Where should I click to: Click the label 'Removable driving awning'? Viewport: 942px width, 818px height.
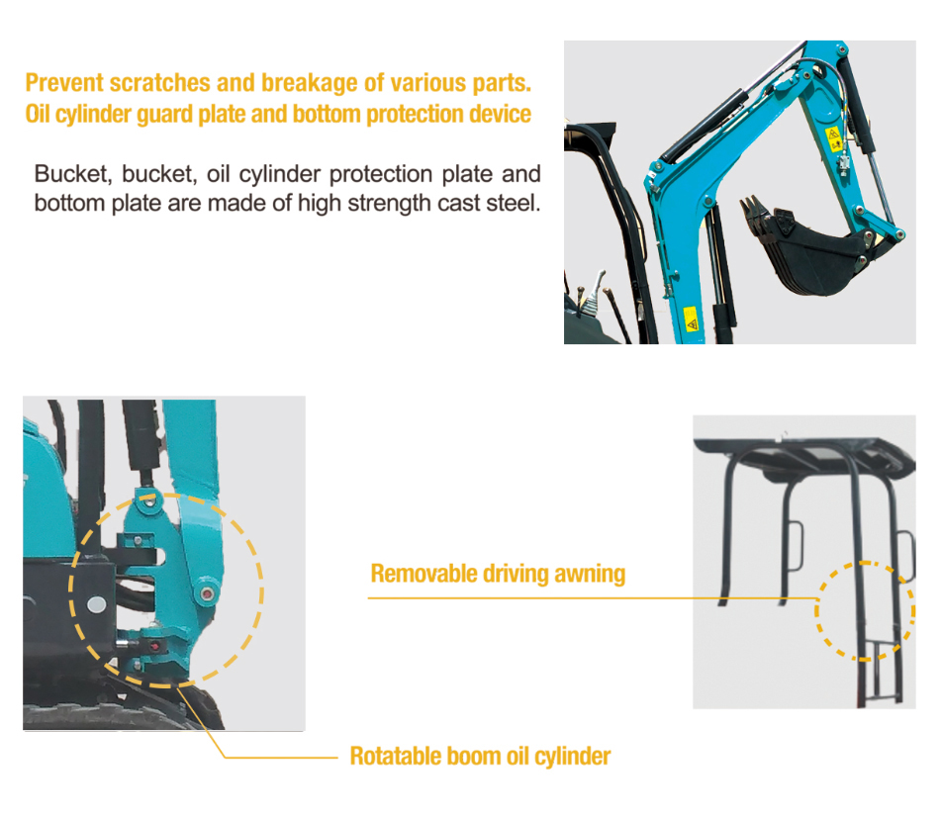(x=498, y=574)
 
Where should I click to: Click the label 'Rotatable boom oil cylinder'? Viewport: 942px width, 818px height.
(x=480, y=757)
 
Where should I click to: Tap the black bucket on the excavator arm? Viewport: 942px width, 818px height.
(x=811, y=252)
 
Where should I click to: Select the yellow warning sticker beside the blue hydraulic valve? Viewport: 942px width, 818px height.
(x=832, y=135)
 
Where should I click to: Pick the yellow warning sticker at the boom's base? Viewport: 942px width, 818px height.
(x=691, y=319)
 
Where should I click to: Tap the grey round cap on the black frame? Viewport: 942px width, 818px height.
(x=96, y=603)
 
